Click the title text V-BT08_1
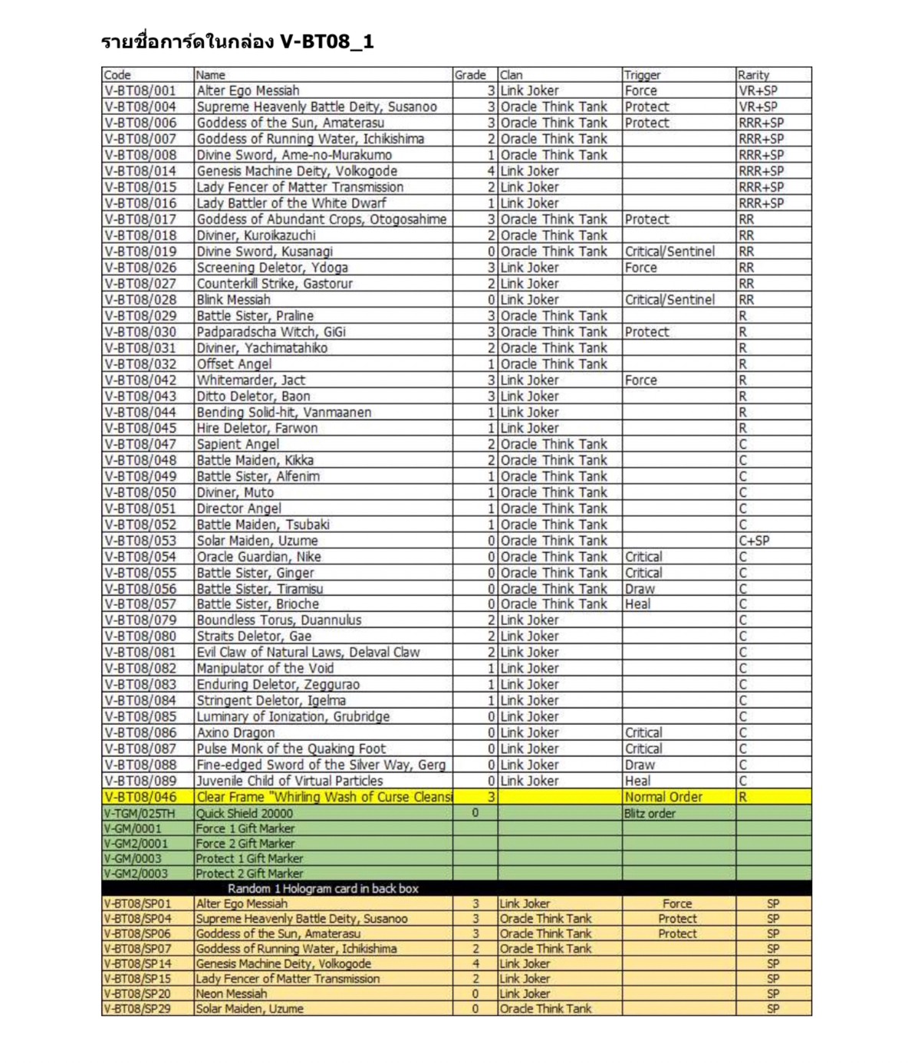click(326, 41)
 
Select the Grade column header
click(469, 75)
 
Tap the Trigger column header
click(642, 75)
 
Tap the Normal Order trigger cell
click(663, 797)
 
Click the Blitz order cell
click(650, 814)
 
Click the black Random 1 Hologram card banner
click(323, 889)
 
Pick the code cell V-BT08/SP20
click(138, 994)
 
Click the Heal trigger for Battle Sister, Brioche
click(637, 604)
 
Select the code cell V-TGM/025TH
click(140, 814)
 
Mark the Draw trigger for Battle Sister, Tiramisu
click(640, 589)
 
